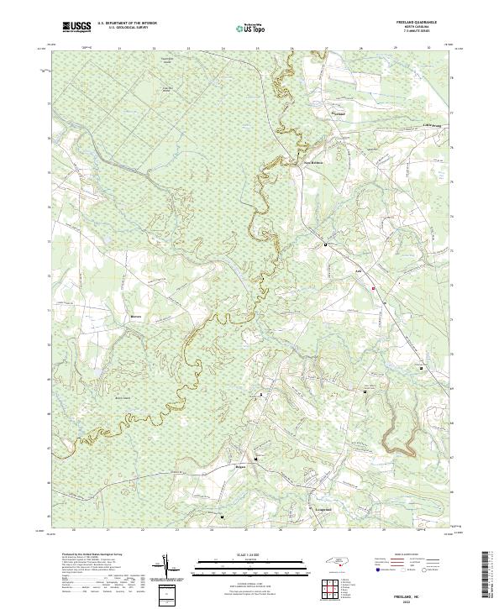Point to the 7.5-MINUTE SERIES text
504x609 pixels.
tap(426, 36)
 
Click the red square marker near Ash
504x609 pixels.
tap(374, 289)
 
